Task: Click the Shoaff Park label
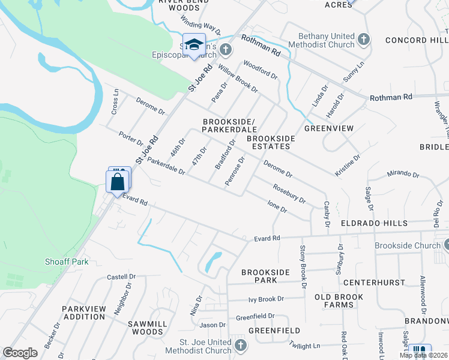point(67,262)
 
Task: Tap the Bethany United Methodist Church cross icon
point(363,40)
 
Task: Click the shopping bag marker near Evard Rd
point(117,182)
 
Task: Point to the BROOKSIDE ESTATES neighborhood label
point(271,142)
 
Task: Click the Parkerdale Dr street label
point(166,166)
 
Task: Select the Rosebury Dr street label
point(289,193)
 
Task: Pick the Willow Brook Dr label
point(238,79)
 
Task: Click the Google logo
point(20,353)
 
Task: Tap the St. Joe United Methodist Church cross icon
point(240,345)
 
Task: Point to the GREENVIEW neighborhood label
point(329,128)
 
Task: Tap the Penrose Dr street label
point(235,171)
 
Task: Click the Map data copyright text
point(423,355)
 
